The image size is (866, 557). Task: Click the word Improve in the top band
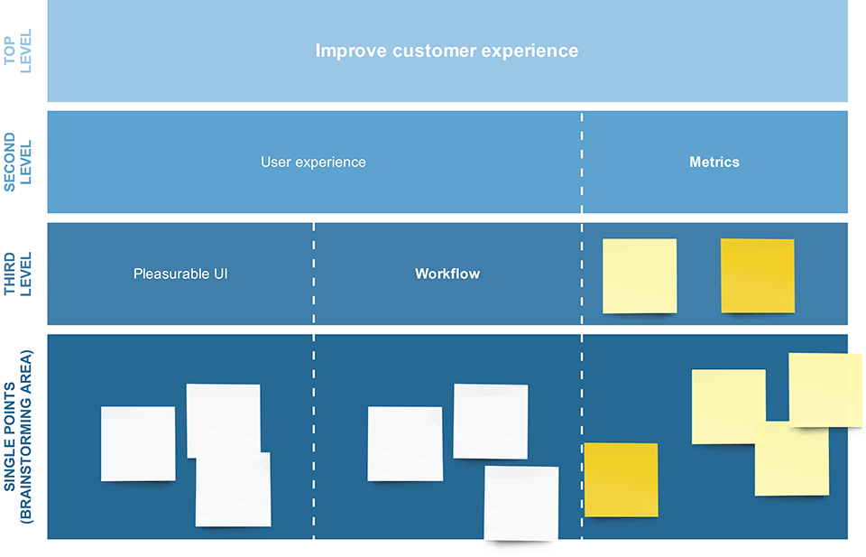pos(351,51)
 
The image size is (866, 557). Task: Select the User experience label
pos(313,162)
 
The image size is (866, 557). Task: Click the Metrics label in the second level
pos(714,162)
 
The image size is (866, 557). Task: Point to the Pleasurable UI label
pos(180,274)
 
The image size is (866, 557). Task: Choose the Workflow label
pos(447,274)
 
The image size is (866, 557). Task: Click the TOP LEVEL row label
pos(18,51)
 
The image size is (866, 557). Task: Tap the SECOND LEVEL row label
pos(18,162)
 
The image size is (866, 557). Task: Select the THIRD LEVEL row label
pos(18,274)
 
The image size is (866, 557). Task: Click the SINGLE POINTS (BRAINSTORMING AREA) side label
pos(18,437)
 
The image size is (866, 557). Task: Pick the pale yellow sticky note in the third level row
pos(640,276)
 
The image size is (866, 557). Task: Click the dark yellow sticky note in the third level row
pos(758,275)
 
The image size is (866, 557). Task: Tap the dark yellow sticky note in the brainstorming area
pos(621,479)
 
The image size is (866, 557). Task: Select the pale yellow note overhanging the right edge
pos(825,390)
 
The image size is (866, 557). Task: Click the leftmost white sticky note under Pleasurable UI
pos(138,444)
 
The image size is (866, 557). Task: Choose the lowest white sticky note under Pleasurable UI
pos(233,489)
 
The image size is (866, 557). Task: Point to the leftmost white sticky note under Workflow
pos(405,444)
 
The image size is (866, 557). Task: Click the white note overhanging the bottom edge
pos(521,503)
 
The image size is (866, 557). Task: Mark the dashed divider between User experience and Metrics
pos(582,162)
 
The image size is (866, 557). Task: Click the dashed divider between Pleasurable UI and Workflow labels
pos(314,274)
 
